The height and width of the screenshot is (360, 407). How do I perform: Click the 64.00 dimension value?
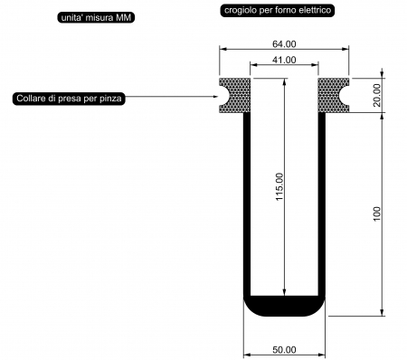point(284,44)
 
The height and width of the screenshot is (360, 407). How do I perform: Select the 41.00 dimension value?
point(284,60)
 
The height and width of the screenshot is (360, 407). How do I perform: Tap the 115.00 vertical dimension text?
point(279,187)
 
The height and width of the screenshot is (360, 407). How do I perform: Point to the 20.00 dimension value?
point(376,95)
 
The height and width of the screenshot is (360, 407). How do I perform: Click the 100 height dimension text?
point(377,214)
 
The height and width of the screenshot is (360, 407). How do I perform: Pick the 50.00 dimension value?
point(284,350)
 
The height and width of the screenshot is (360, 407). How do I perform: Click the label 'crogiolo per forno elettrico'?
point(278,10)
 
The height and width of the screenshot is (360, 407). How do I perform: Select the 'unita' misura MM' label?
point(96,18)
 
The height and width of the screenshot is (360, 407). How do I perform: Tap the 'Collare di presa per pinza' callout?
point(69,99)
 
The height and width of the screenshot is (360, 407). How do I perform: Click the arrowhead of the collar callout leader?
point(215,97)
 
